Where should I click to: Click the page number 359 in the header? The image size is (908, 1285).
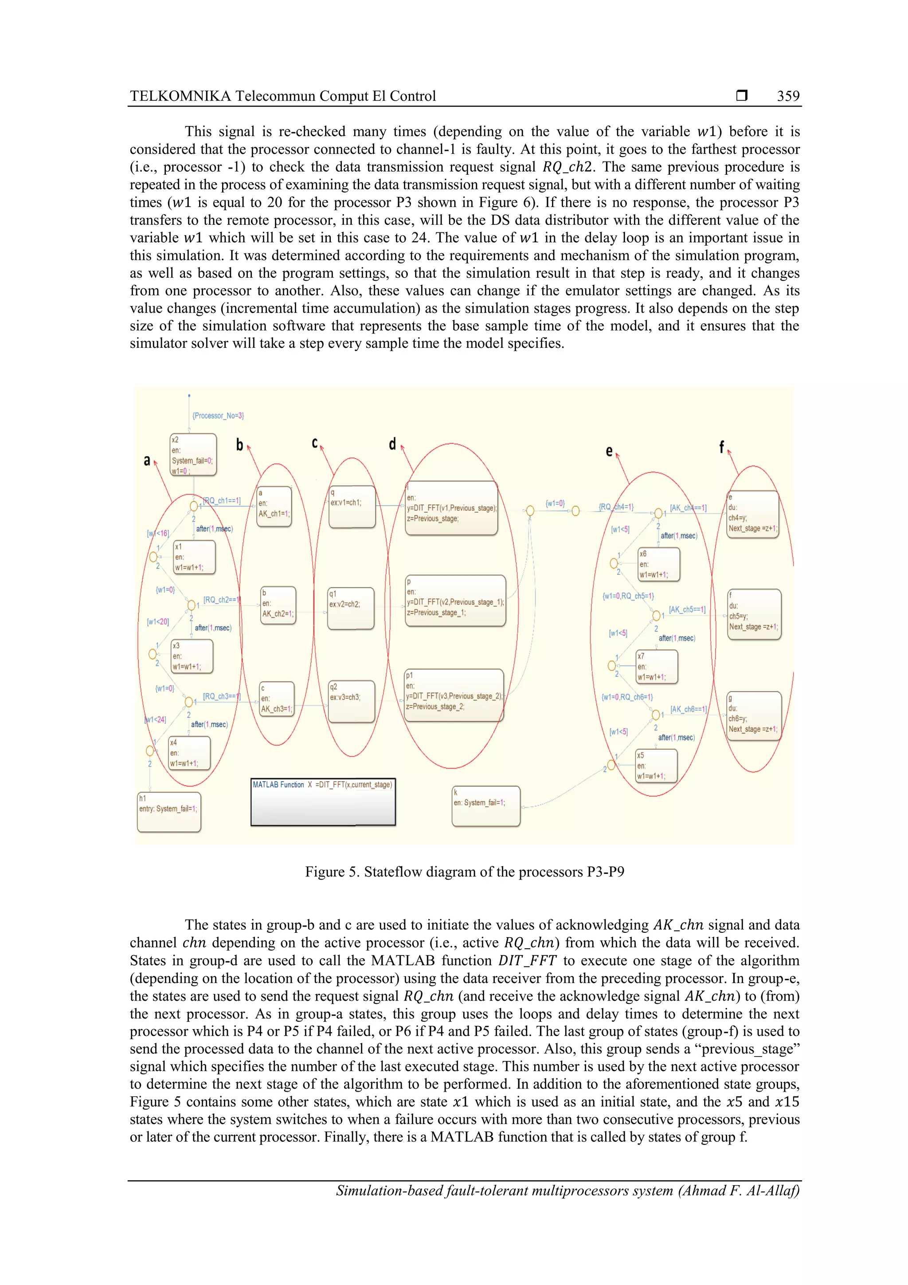pyautogui.click(x=788, y=96)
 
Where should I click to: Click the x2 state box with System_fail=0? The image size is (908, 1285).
pyautogui.click(x=193, y=455)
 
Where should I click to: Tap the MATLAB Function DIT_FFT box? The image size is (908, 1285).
pyautogui.click(x=323, y=802)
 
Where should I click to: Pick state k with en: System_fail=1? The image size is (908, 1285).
pyautogui.click(x=485, y=806)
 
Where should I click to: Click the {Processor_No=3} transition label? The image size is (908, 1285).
pyautogui.click(x=218, y=416)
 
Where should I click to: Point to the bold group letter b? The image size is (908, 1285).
pyautogui.click(x=239, y=445)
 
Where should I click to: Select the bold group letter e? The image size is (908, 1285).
pyautogui.click(x=609, y=451)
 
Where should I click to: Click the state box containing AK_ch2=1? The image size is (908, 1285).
pyautogui.click(x=278, y=605)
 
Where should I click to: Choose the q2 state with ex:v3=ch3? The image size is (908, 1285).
pyautogui.click(x=351, y=701)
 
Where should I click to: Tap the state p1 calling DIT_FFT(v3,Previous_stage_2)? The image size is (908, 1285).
pyautogui.click(x=454, y=695)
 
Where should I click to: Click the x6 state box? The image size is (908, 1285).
pyautogui.click(x=658, y=564)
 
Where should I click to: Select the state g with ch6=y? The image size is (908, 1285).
pyautogui.click(x=754, y=716)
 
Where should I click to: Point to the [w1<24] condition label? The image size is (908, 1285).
pyautogui.click(x=156, y=719)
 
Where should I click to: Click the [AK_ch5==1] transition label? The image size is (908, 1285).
pyautogui.click(x=687, y=609)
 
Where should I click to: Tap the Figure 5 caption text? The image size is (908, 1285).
pyautogui.click(x=464, y=872)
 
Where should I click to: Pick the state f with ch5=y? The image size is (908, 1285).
pyautogui.click(x=754, y=614)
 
